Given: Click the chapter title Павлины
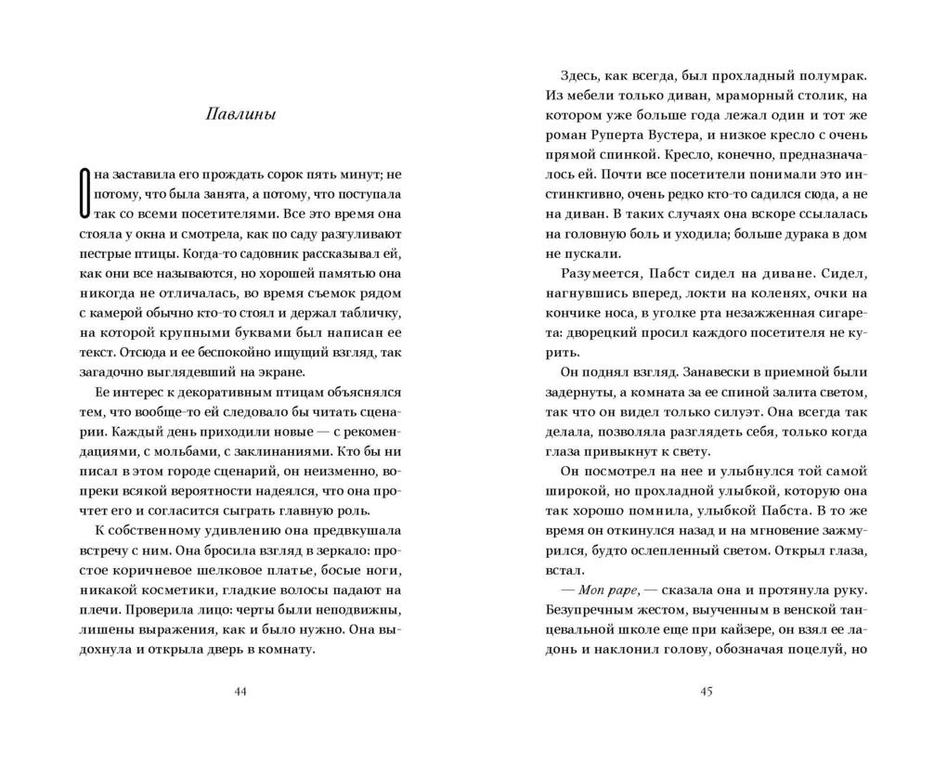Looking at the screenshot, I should [x=241, y=115].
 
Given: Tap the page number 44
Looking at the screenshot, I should [x=241, y=692].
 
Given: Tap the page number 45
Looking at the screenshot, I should [x=706, y=692].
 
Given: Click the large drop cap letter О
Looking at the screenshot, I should [x=85, y=193].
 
